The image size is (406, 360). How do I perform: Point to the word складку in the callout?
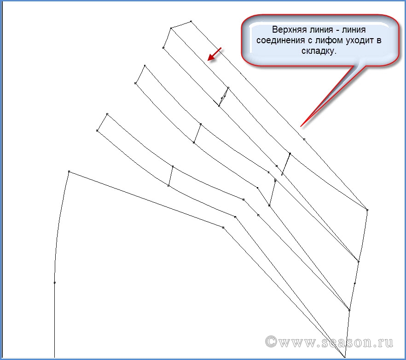pos(319,51)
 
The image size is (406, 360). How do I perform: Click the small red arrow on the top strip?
pos(214,54)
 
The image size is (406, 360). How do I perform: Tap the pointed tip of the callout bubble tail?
pos(300,126)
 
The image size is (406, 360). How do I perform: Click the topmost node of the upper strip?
pos(191,21)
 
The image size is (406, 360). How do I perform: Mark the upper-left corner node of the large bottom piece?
pos(69,171)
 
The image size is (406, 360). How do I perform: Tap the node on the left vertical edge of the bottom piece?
pos(55,283)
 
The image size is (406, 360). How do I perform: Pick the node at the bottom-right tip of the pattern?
pos(345,357)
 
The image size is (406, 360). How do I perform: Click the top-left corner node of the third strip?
pos(107,114)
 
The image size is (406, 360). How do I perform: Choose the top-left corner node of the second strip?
pos(145,66)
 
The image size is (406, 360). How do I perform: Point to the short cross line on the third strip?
pos(171,176)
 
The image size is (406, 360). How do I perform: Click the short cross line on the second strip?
pos(197,133)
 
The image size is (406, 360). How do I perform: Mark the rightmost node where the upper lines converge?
pos(367,210)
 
